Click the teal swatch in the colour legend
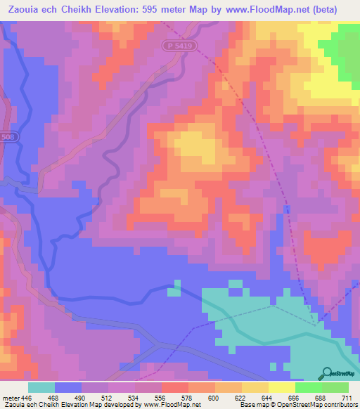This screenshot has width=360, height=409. click(41, 388)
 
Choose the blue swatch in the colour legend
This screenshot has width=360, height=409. click(68, 388)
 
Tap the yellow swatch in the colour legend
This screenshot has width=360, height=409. click(282, 388)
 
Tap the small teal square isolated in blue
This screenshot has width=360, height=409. click(176, 285)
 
